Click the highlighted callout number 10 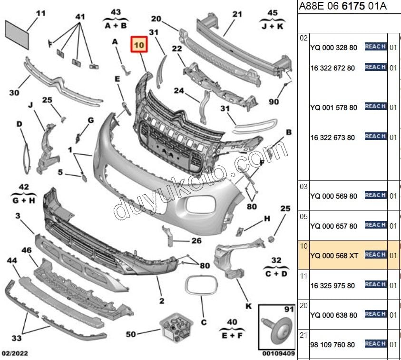click(139, 46)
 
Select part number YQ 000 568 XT click(333, 256)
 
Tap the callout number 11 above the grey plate click(41, 13)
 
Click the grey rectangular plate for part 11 click(17, 31)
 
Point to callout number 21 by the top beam click(237, 14)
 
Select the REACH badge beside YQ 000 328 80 click(375, 47)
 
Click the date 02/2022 click(15, 354)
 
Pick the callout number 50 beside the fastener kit click(130, 334)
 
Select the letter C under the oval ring click(204, 322)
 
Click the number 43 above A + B click(116, 12)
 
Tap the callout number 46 click(27, 250)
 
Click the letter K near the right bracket click(248, 306)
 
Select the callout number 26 click(196, 241)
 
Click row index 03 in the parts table click(303, 187)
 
